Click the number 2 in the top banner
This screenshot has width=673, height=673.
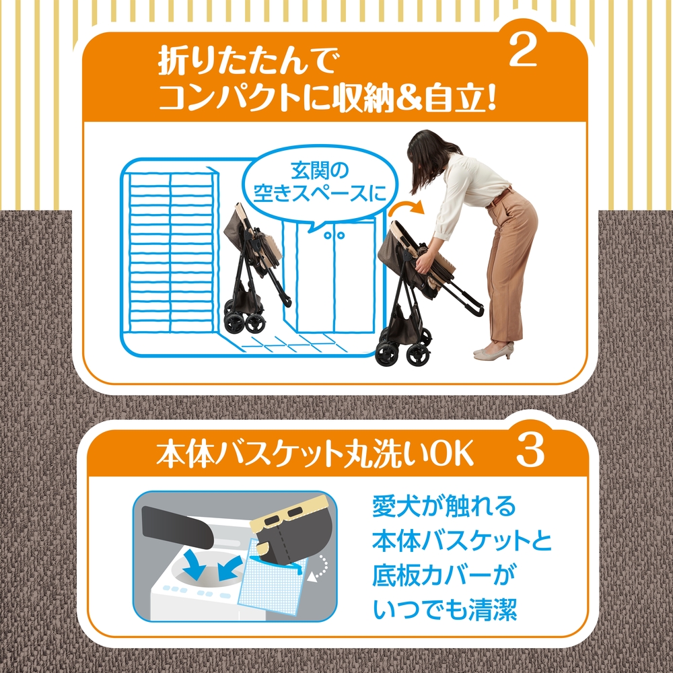523,50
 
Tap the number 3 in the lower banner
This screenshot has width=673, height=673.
530,450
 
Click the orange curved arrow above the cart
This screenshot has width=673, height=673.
406,209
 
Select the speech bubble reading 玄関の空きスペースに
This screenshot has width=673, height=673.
320,182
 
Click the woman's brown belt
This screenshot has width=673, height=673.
499,197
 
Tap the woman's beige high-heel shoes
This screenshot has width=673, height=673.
494,350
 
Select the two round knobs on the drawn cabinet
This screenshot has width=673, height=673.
334,235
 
